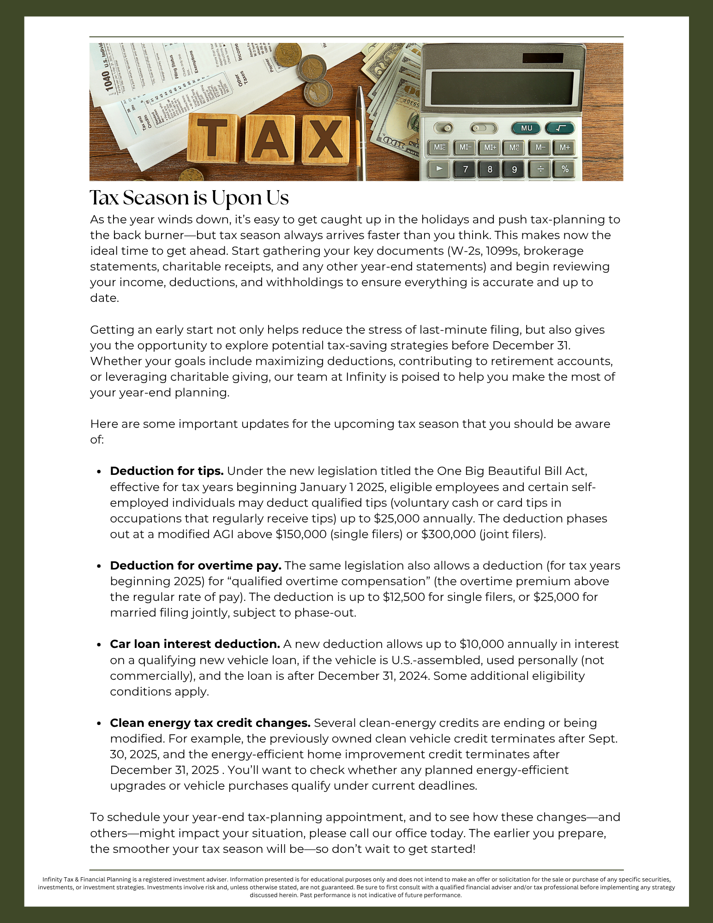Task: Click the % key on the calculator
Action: pos(565,169)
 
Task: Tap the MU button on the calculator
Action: pos(526,128)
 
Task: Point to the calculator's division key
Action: pos(540,169)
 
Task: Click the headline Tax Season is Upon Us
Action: pos(189,198)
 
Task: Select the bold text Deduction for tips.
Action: pos(167,471)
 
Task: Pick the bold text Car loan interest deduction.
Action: pos(195,644)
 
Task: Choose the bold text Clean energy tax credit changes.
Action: pos(210,723)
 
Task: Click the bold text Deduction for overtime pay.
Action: pos(195,566)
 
